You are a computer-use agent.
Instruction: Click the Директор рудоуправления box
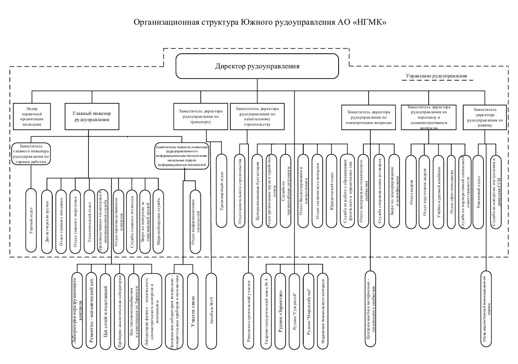pos(257,66)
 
